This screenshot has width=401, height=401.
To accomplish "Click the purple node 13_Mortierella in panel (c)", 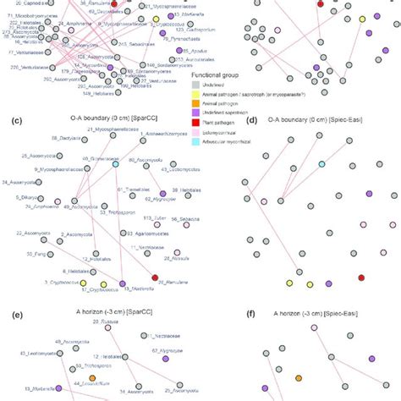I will (x=124, y=284).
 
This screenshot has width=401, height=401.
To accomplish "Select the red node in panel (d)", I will (x=361, y=277).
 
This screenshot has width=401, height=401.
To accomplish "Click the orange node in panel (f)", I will (x=299, y=377).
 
